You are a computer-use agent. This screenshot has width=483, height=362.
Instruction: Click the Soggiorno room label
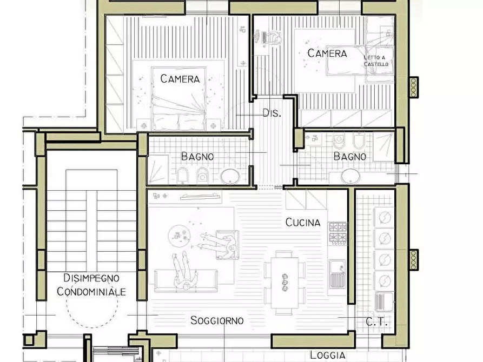point(217,320)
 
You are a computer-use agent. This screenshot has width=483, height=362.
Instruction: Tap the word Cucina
point(303,222)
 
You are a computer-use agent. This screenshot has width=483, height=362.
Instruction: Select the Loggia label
point(327,355)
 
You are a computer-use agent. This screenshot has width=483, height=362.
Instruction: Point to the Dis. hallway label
point(272,113)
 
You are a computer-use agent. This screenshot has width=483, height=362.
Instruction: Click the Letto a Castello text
point(376,61)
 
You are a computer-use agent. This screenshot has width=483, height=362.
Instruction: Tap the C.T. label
point(376,323)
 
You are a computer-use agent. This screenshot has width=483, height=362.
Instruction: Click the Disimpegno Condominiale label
point(91,284)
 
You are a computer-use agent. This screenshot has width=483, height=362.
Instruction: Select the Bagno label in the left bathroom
point(197,156)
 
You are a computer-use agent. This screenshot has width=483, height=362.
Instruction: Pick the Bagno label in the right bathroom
point(350,156)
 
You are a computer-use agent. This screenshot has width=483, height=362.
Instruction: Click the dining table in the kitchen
point(285,283)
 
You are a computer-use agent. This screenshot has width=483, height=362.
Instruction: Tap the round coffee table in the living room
point(178,236)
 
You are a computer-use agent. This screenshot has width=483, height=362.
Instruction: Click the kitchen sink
point(338,274)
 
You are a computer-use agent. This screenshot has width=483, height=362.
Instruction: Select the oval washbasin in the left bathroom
point(230,176)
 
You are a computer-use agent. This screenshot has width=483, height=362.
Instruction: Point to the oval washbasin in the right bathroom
point(350,176)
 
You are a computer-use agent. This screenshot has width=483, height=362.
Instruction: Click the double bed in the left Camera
point(178,98)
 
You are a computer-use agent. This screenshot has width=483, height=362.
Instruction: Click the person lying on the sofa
point(184,271)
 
